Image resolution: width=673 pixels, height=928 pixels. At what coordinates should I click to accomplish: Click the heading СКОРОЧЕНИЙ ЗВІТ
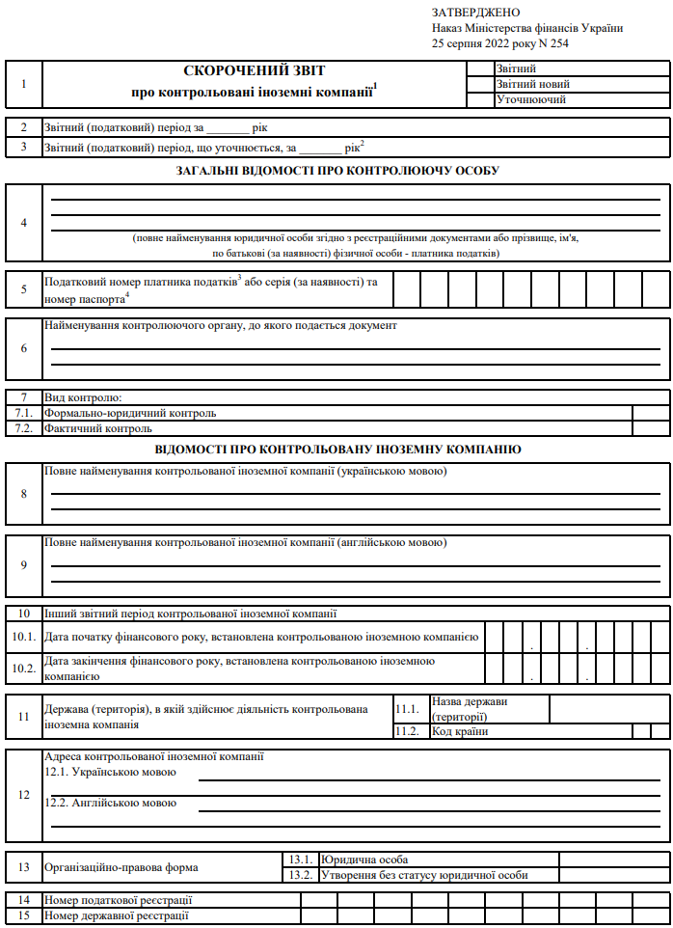[x=255, y=70]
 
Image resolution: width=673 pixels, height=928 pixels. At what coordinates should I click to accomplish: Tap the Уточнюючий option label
[x=530, y=99]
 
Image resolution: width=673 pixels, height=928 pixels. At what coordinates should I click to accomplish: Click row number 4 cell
[x=24, y=222]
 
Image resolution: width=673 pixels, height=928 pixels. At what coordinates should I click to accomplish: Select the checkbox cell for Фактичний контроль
[x=646, y=428]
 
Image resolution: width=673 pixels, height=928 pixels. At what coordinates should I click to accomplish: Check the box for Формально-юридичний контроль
[x=646, y=413]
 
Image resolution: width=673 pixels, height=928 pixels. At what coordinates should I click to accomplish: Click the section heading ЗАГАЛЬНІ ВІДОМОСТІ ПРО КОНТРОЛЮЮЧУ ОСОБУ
[x=337, y=171]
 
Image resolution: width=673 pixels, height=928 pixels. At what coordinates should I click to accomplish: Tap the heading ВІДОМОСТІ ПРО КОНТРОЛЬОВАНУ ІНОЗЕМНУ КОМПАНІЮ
[x=337, y=450]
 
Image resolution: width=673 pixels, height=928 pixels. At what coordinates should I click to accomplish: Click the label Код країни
[x=460, y=731]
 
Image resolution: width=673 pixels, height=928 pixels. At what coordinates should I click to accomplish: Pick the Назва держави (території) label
[x=470, y=709]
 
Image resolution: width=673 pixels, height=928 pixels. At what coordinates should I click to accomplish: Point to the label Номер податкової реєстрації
[x=119, y=900]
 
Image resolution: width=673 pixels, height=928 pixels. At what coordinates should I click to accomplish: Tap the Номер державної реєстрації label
[x=117, y=915]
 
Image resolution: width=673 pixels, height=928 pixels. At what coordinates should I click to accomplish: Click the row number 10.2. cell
[x=24, y=669]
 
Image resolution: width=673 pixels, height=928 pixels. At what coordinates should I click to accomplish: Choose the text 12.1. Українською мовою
[x=111, y=773]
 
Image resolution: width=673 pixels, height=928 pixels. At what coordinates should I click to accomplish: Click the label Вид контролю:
[x=82, y=397]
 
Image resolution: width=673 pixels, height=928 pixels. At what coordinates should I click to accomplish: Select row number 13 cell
[x=24, y=867]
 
